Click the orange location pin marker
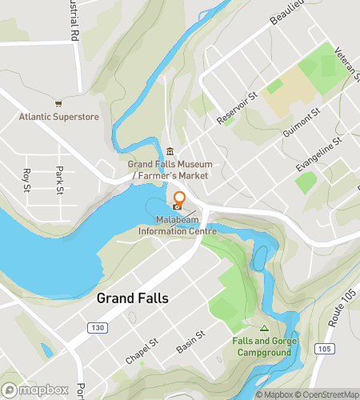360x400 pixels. click(x=180, y=199)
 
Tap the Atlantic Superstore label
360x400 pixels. click(x=59, y=117)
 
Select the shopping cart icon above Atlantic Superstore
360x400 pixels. click(x=58, y=103)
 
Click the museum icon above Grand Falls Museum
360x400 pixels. click(x=170, y=152)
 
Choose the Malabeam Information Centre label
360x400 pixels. click(x=178, y=226)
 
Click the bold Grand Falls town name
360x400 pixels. click(x=133, y=298)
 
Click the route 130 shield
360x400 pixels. click(x=98, y=327)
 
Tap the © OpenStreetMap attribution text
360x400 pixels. click(x=327, y=394)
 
